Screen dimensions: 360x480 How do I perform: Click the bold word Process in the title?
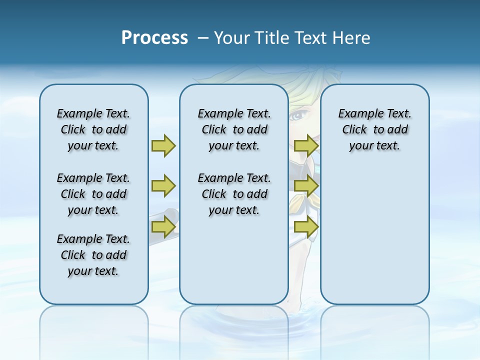(x=154, y=38)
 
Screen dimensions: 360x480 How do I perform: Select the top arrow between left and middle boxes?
(x=163, y=145)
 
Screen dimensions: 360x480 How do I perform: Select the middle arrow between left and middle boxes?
(x=163, y=186)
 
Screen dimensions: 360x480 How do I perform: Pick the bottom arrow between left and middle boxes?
(x=163, y=227)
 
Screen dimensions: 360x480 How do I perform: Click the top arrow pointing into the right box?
(x=306, y=145)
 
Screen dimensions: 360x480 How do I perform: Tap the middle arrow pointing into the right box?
(x=306, y=186)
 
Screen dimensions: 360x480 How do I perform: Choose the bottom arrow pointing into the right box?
(x=306, y=227)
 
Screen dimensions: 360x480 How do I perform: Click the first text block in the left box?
(x=93, y=129)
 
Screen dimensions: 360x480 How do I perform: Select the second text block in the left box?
(x=93, y=194)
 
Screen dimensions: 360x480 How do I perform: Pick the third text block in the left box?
(x=93, y=255)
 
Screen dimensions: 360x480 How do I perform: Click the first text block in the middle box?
(x=234, y=129)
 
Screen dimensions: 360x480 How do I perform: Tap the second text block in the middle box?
(x=234, y=194)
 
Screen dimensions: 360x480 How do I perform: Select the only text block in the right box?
(x=374, y=129)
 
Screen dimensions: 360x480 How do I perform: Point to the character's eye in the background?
(x=297, y=116)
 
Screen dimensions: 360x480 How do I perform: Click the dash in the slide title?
(x=203, y=38)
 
